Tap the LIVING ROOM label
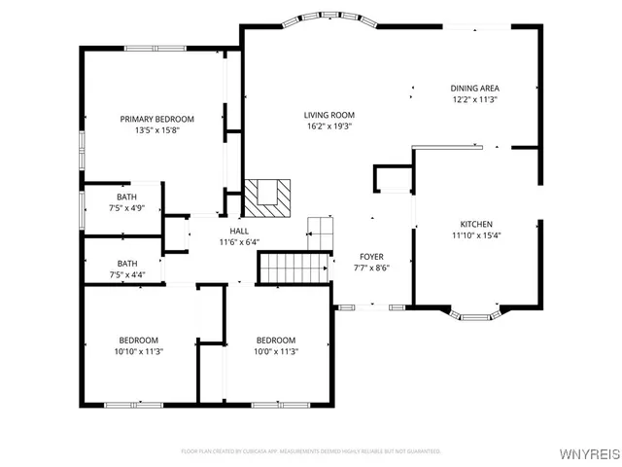328,114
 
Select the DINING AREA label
474,88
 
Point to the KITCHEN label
475,224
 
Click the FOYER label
371,256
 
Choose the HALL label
238,231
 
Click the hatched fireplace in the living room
265,197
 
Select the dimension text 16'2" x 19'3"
328,126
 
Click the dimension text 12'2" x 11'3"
474,99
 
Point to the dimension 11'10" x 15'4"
475,235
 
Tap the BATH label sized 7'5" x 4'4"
127,263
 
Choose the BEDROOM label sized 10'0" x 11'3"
276,341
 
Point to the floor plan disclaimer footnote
311,451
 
